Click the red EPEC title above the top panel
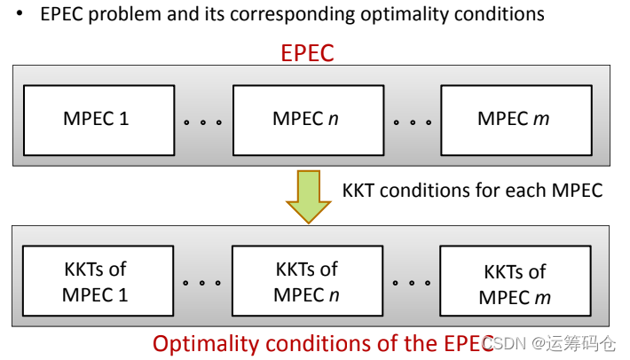[307, 53]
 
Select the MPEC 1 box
[97, 119]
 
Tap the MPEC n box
[306, 119]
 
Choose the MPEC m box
[515, 119]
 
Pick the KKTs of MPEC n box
[306, 281]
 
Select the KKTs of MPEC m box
[515, 284]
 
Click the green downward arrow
[307, 198]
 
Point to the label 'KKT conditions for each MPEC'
[472, 190]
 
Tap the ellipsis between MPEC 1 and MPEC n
[202, 121]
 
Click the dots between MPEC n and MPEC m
[411, 121]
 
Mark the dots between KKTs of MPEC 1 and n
[202, 284]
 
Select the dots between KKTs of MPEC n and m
[411, 284]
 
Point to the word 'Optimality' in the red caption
[200, 342]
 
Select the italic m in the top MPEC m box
[540, 120]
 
